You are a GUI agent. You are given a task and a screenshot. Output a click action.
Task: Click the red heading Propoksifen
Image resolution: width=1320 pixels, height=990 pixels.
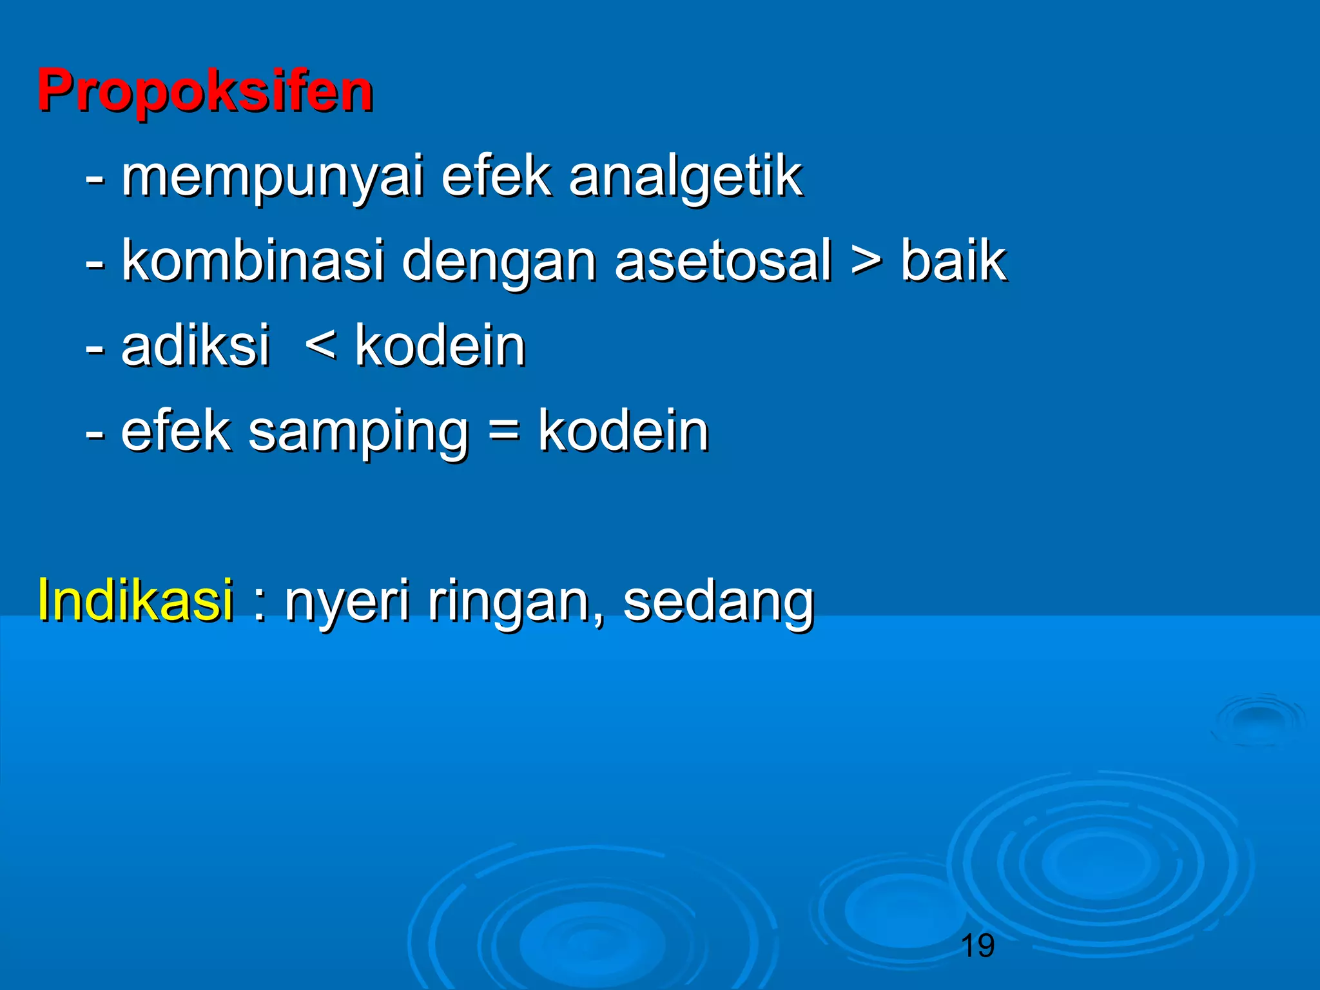(205, 92)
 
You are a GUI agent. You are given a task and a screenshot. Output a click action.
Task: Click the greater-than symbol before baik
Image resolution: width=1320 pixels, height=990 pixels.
(866, 262)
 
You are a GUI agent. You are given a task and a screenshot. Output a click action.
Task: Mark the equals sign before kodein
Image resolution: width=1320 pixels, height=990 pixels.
(503, 429)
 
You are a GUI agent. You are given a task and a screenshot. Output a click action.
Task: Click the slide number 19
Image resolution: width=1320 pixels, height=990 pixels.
(977, 946)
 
